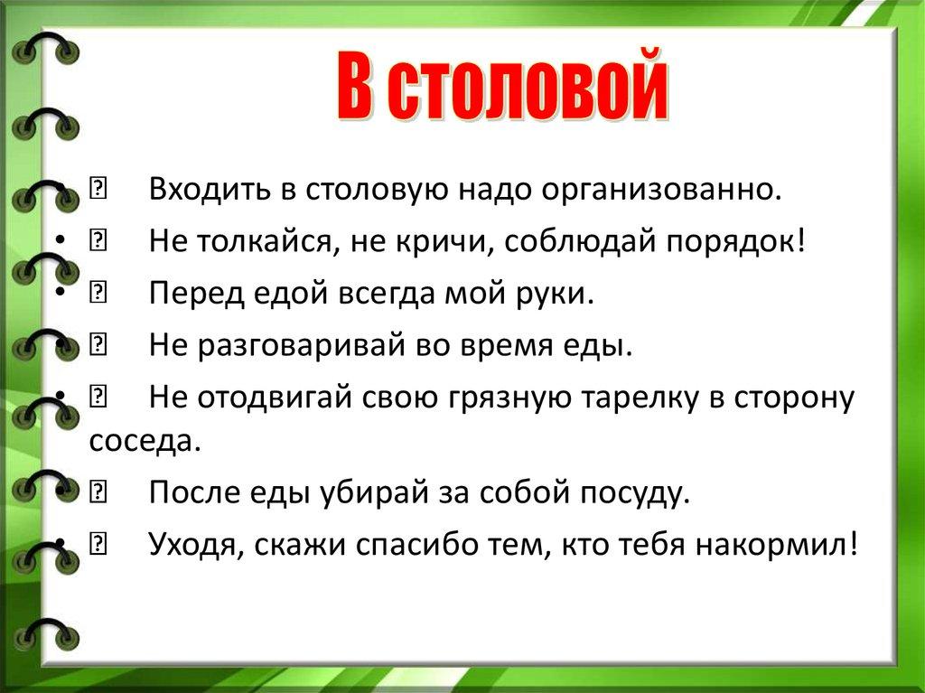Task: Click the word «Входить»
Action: point(210,190)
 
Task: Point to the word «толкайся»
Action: point(267,241)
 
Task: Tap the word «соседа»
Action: point(145,440)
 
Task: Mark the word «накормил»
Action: point(772,544)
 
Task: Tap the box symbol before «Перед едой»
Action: point(98,293)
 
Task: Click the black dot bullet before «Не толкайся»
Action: point(60,242)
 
